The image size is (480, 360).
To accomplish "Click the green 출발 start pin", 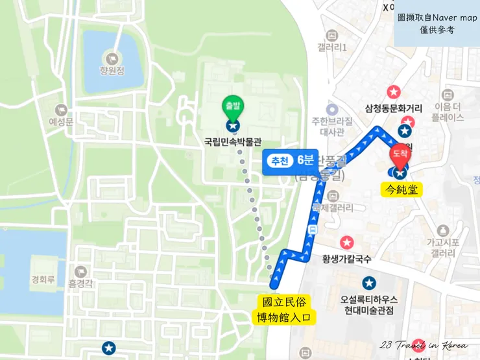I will click(232, 106).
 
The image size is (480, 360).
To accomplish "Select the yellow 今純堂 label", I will click(401, 189).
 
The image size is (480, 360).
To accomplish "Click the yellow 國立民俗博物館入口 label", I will click(284, 309).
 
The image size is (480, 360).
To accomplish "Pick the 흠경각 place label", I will click(81, 283).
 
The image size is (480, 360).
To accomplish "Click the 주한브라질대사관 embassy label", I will click(332, 126).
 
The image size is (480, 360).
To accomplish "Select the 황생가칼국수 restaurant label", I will click(347, 259).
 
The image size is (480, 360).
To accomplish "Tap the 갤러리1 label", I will click(332, 47).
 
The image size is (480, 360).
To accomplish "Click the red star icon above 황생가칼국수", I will click(347, 243).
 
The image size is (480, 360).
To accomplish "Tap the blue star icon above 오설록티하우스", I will click(368, 283).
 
